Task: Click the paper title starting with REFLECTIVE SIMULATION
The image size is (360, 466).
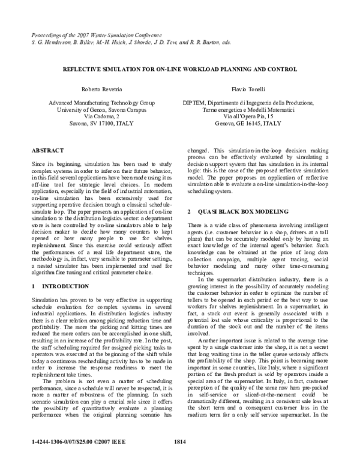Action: [x=179, y=70]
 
